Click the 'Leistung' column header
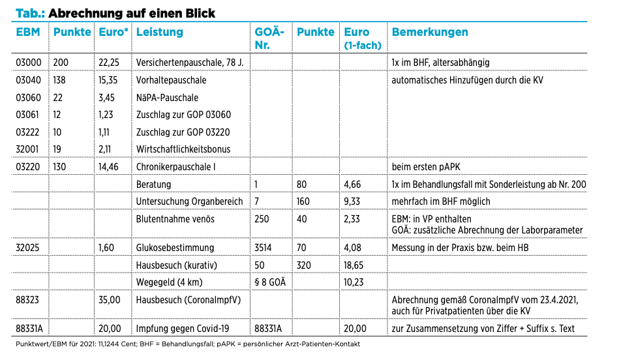point(160,32)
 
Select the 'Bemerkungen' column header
point(430,32)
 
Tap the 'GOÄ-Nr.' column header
point(269,38)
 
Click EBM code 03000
point(29,63)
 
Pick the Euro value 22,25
point(109,63)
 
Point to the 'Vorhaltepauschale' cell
point(171,80)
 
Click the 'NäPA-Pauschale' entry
point(167,98)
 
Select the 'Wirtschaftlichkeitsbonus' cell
point(183,149)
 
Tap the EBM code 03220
point(28,167)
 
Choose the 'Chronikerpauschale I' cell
point(175,167)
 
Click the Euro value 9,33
point(352,202)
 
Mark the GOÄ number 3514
point(263,248)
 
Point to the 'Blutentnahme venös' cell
point(175,219)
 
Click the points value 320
point(304,265)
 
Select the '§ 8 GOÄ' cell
point(270,282)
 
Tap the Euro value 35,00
point(110,300)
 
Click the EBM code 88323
point(27,300)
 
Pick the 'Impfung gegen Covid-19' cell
point(183,329)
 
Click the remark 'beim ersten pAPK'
point(426,167)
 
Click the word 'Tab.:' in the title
point(30,13)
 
